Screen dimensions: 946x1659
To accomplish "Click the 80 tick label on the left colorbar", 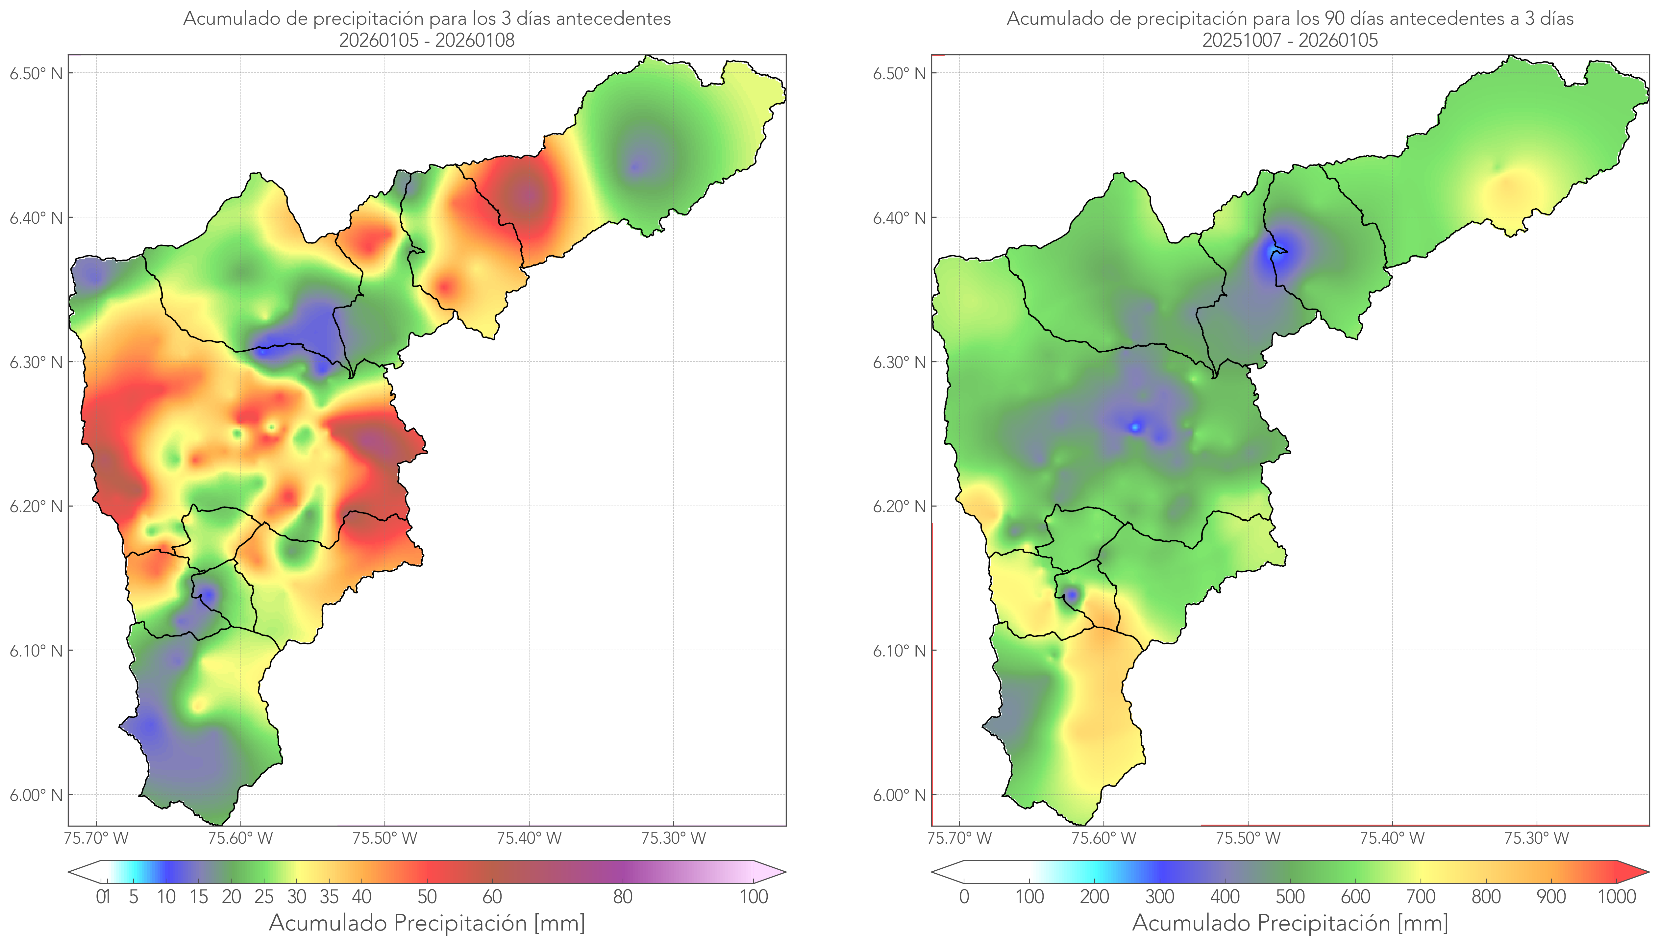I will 622,897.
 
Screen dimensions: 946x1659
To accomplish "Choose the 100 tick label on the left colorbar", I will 754,897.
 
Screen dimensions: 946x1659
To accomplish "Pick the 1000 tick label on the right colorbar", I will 1616,897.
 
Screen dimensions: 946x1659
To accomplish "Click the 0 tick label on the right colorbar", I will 964,897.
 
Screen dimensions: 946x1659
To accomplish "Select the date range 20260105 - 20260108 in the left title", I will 427,40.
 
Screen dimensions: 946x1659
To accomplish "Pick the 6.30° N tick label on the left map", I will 36,362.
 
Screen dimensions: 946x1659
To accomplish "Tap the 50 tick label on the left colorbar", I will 427,897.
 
